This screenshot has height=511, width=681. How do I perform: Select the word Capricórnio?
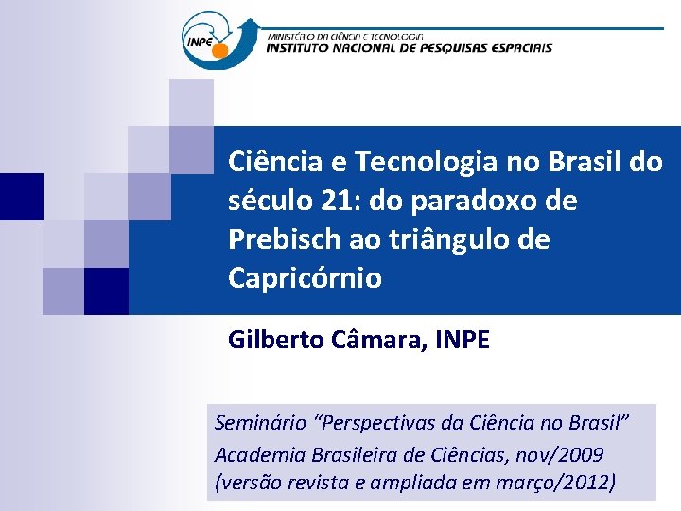point(305,278)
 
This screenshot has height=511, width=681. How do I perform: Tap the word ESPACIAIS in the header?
point(517,47)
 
